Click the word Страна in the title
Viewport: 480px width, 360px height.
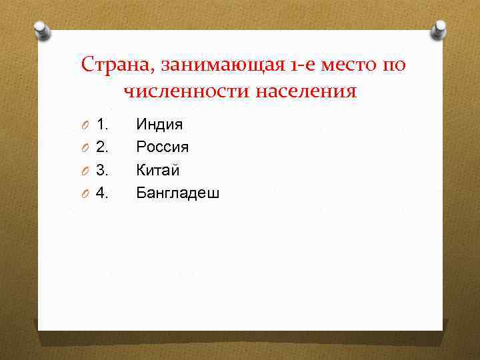point(109,65)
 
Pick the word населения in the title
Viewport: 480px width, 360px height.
point(305,91)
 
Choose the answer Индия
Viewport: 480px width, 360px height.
point(159,124)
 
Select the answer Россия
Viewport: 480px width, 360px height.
point(162,147)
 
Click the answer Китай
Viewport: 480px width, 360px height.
point(158,170)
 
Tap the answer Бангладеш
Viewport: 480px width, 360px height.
point(177,193)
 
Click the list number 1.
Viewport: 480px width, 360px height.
point(102,124)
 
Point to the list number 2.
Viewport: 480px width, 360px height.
point(102,147)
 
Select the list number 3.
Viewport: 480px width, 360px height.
point(102,170)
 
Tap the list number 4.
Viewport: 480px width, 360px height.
point(102,193)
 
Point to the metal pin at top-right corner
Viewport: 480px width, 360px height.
point(439,29)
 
